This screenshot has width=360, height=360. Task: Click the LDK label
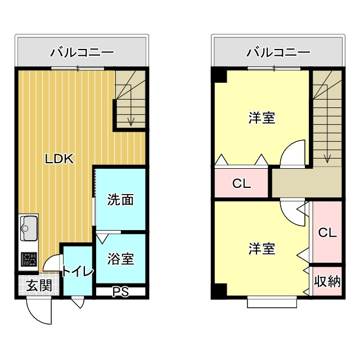pyautogui.click(x=60, y=159)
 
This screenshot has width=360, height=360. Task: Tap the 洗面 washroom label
pyautogui.click(x=120, y=199)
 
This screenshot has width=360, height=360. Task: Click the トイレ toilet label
pyautogui.click(x=78, y=272)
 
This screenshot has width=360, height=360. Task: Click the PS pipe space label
pyautogui.click(x=120, y=291)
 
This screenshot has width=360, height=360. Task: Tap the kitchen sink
pyautogui.click(x=28, y=228)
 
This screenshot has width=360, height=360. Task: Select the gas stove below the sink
pyautogui.click(x=28, y=259)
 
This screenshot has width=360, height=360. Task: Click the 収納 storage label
pyautogui.click(x=327, y=281)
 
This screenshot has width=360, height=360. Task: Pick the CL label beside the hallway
pyautogui.click(x=241, y=183)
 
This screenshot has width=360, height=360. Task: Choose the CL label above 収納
pyautogui.click(x=327, y=232)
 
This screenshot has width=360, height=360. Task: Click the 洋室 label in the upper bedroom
pyautogui.click(x=262, y=118)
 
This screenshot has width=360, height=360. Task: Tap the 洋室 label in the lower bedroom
pyautogui.click(x=262, y=249)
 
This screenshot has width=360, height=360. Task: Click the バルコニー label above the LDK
pyautogui.click(x=82, y=53)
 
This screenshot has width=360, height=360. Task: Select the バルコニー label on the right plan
pyautogui.click(x=278, y=53)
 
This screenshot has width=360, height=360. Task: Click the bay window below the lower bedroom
pyautogui.click(x=272, y=302)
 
